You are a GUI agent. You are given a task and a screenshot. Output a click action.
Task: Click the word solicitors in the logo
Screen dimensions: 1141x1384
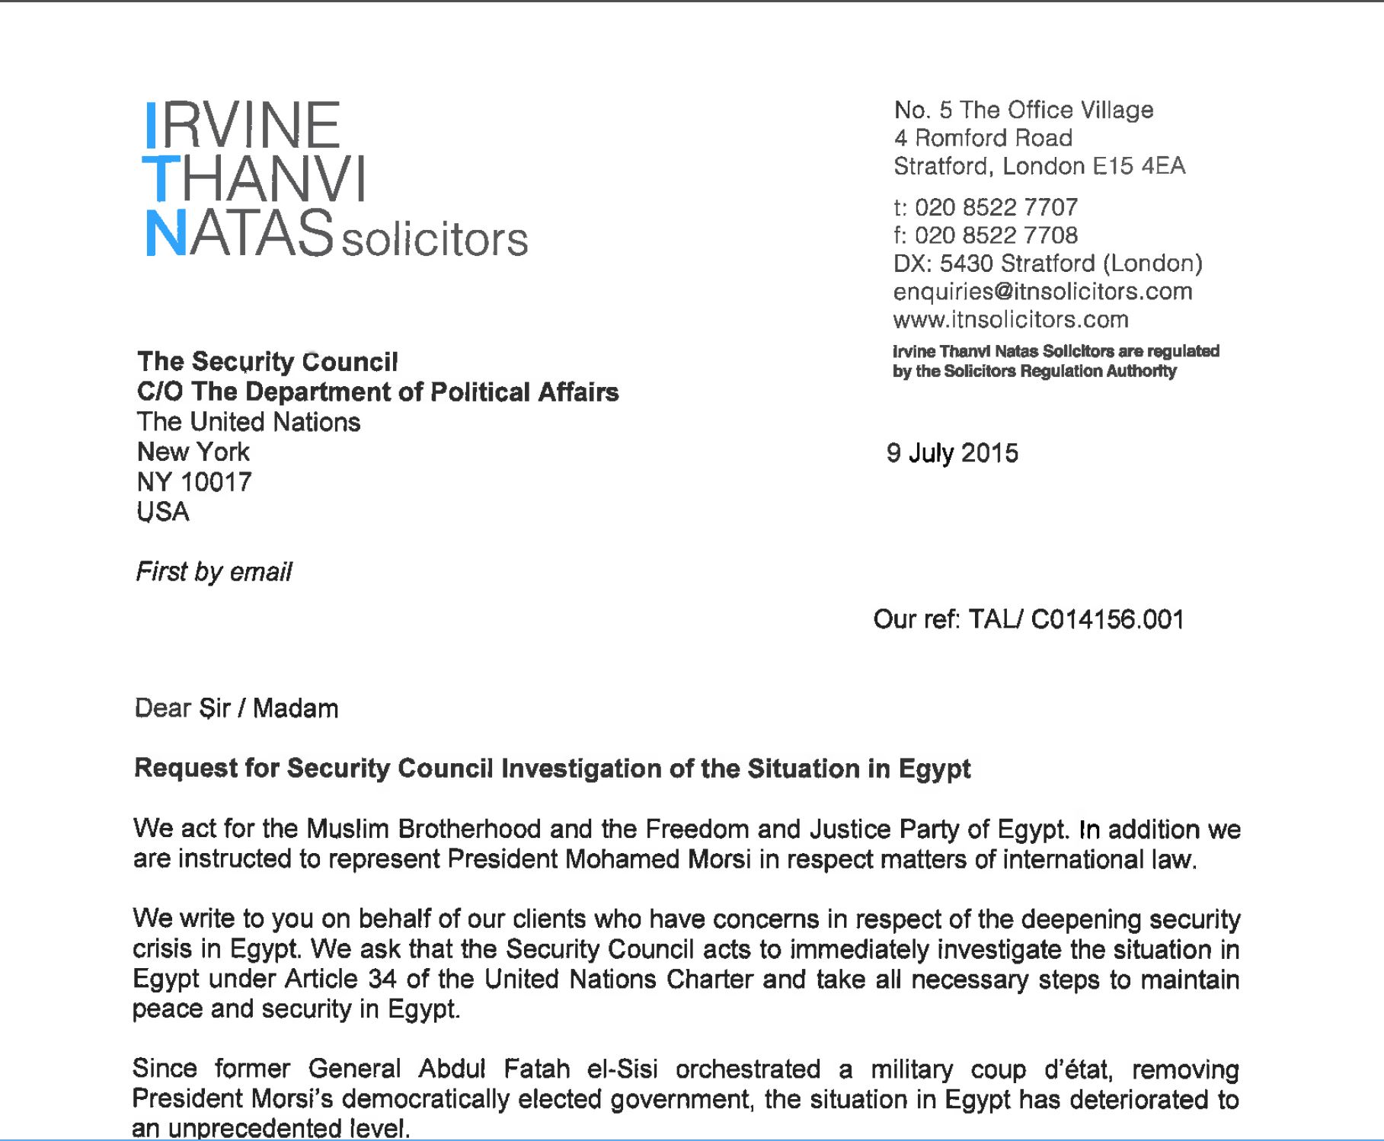[434, 239]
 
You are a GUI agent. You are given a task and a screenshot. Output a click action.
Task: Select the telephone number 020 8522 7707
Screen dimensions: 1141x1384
[996, 207]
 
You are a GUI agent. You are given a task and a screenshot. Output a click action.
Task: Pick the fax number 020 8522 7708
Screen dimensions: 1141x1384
[996, 235]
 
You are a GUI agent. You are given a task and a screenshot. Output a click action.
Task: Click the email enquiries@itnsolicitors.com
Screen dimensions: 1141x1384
[1042, 292]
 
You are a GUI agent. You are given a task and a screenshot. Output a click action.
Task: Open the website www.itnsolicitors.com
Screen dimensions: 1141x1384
[1010, 320]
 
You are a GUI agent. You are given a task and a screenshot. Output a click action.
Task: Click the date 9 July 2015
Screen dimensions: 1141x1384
[952, 453]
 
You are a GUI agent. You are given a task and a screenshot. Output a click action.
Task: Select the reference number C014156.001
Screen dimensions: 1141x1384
[1107, 619]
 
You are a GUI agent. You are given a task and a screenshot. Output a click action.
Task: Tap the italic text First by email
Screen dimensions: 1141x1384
[213, 572]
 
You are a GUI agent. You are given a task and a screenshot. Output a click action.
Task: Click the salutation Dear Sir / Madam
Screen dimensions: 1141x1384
[236, 708]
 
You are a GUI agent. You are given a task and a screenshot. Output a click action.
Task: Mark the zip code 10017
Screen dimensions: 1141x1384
[216, 482]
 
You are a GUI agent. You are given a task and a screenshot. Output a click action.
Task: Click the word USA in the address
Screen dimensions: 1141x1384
[163, 512]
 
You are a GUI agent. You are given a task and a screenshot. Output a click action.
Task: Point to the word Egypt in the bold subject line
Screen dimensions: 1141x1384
[935, 769]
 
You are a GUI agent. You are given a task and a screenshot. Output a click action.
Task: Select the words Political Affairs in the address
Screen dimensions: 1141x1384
[524, 392]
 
